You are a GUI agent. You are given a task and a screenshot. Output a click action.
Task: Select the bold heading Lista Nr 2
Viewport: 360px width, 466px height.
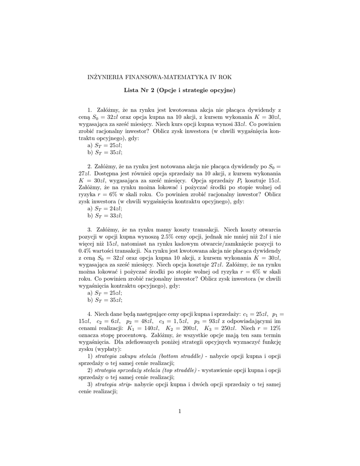[x=139, y=90]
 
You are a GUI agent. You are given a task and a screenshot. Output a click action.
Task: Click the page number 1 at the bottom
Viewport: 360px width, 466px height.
[x=180, y=411]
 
